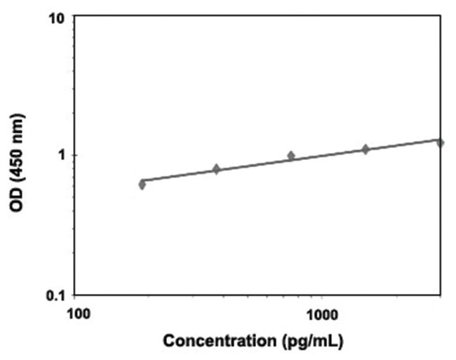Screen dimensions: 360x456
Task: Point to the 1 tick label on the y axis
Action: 60,154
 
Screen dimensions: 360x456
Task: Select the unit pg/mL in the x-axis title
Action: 307,343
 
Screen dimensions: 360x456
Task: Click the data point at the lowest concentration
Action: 142,185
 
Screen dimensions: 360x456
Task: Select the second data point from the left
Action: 216,169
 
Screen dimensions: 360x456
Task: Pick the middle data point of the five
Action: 291,156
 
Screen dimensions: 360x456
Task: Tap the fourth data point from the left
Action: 366,149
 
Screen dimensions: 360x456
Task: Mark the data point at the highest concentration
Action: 440,142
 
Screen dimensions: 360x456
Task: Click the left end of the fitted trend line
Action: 142,181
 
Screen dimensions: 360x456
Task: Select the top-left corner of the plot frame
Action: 76,16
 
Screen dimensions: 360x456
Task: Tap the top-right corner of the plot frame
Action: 442,16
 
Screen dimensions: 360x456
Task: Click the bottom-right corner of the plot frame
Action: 442,295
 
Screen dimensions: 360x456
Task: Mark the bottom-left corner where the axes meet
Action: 76,295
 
